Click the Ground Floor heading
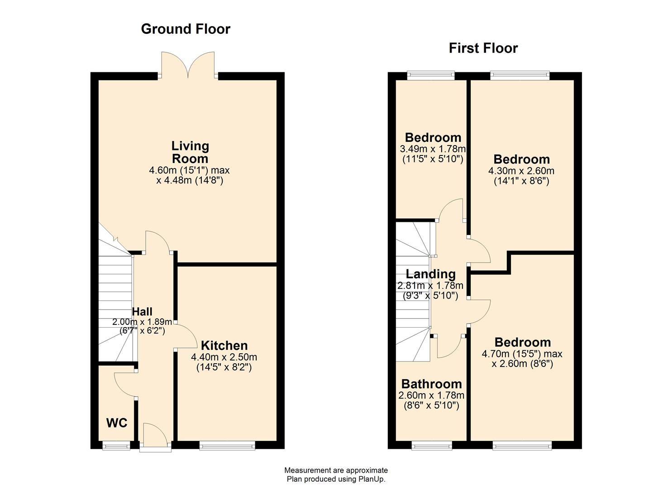tap(186, 29)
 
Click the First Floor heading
tap(483, 48)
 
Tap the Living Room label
tap(190, 152)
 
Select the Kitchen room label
tap(224, 346)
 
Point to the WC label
tap(116, 423)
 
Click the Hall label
tap(142, 311)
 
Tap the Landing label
tap(430, 274)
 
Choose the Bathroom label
tap(432, 384)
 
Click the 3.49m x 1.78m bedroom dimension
tap(433, 149)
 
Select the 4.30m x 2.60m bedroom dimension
tap(521, 171)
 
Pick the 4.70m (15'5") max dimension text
tap(522, 353)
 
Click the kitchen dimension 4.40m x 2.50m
tap(224, 357)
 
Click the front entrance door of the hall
tap(155, 437)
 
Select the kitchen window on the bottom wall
tap(227, 446)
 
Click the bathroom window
tap(431, 446)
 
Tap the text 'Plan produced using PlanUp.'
tap(336, 479)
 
